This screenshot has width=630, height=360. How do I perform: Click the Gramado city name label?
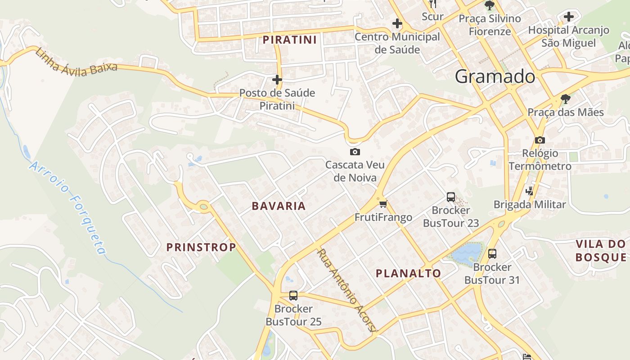495,76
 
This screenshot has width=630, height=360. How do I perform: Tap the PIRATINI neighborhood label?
290,40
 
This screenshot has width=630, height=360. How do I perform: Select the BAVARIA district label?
279,206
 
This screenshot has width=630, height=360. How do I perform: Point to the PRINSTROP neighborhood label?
201,247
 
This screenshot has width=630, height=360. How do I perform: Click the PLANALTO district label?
408,273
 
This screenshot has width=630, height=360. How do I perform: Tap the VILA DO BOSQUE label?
601,251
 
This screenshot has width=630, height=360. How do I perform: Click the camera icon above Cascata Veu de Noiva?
355,152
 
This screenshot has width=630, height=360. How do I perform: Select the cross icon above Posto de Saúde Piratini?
277,80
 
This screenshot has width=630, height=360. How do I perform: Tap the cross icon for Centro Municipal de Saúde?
397,23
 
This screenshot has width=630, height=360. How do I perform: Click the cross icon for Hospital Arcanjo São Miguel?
569,17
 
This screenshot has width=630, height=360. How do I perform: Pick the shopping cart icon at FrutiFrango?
383,204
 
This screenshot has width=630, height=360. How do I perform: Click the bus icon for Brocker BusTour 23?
451,197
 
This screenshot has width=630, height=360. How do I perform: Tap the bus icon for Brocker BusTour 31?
492,253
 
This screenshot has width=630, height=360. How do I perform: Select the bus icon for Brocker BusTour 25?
293,295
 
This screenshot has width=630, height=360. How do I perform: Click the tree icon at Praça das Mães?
566,99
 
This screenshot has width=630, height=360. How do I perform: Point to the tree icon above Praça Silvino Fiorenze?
490,5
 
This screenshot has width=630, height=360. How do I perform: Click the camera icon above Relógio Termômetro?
540,140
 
